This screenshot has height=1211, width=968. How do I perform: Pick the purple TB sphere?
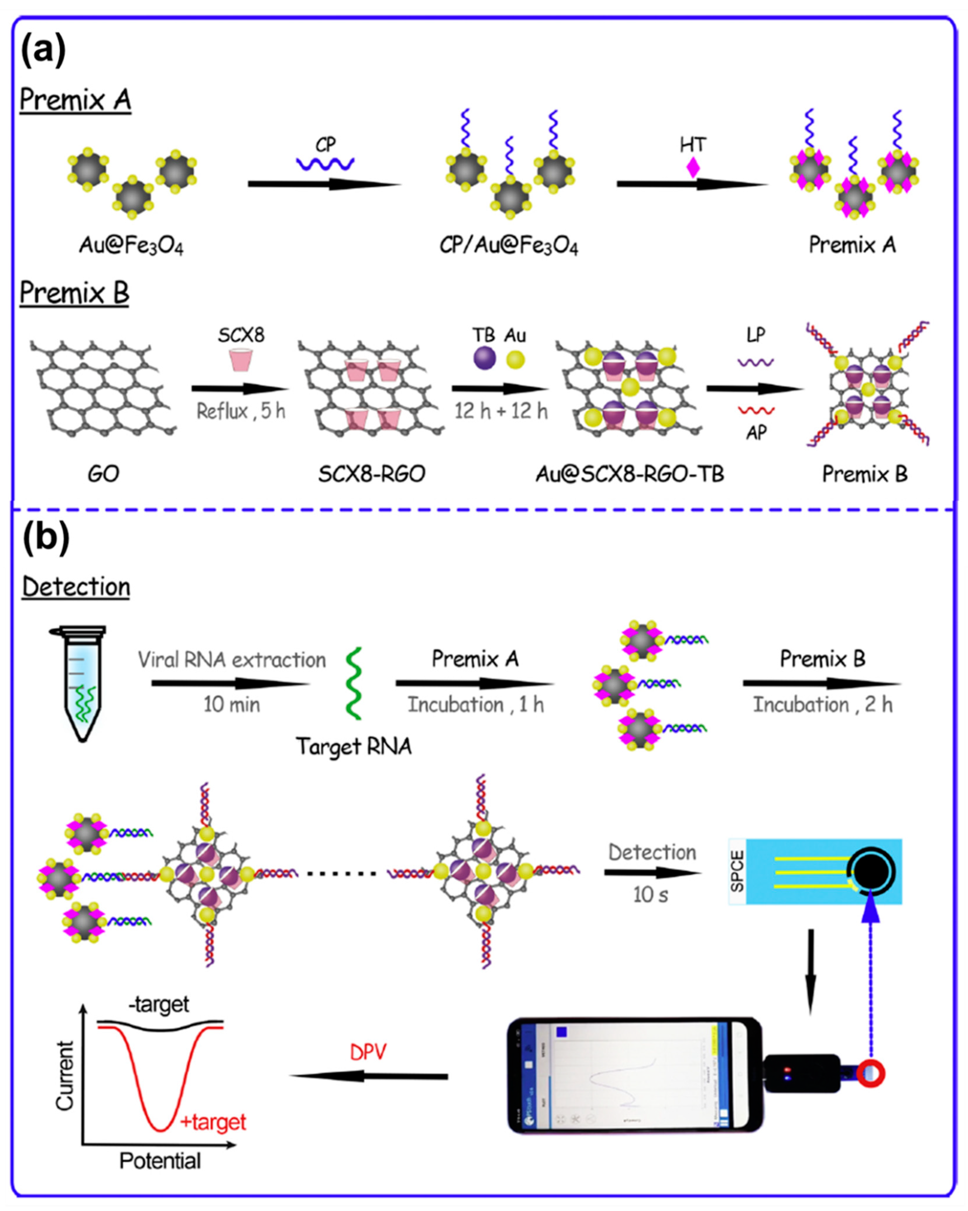tap(484, 358)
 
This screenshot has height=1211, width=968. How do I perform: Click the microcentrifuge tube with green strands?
tap(83, 683)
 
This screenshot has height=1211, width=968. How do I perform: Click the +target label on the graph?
tap(213, 1122)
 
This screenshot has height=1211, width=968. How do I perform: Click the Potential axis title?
tap(160, 1161)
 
